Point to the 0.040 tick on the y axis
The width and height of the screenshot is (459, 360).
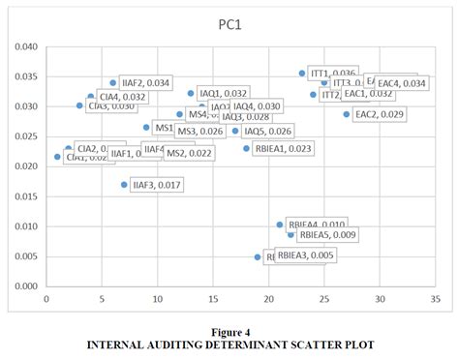point(25,46)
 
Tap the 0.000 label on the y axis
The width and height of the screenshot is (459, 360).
point(25,286)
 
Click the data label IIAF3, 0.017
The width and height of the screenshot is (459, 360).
point(155,184)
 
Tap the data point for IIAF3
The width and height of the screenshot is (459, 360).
point(124,184)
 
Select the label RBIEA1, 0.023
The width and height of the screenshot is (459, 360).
point(282,148)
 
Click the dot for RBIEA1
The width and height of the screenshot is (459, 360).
point(247,148)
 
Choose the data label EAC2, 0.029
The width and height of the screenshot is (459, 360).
point(380,114)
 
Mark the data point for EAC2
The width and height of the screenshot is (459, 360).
point(347,114)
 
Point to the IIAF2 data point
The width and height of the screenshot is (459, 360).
point(113,83)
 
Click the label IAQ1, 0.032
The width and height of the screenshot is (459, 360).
point(223,93)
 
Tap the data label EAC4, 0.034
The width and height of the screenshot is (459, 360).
point(401,83)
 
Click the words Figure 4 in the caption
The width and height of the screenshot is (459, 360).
point(229,332)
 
